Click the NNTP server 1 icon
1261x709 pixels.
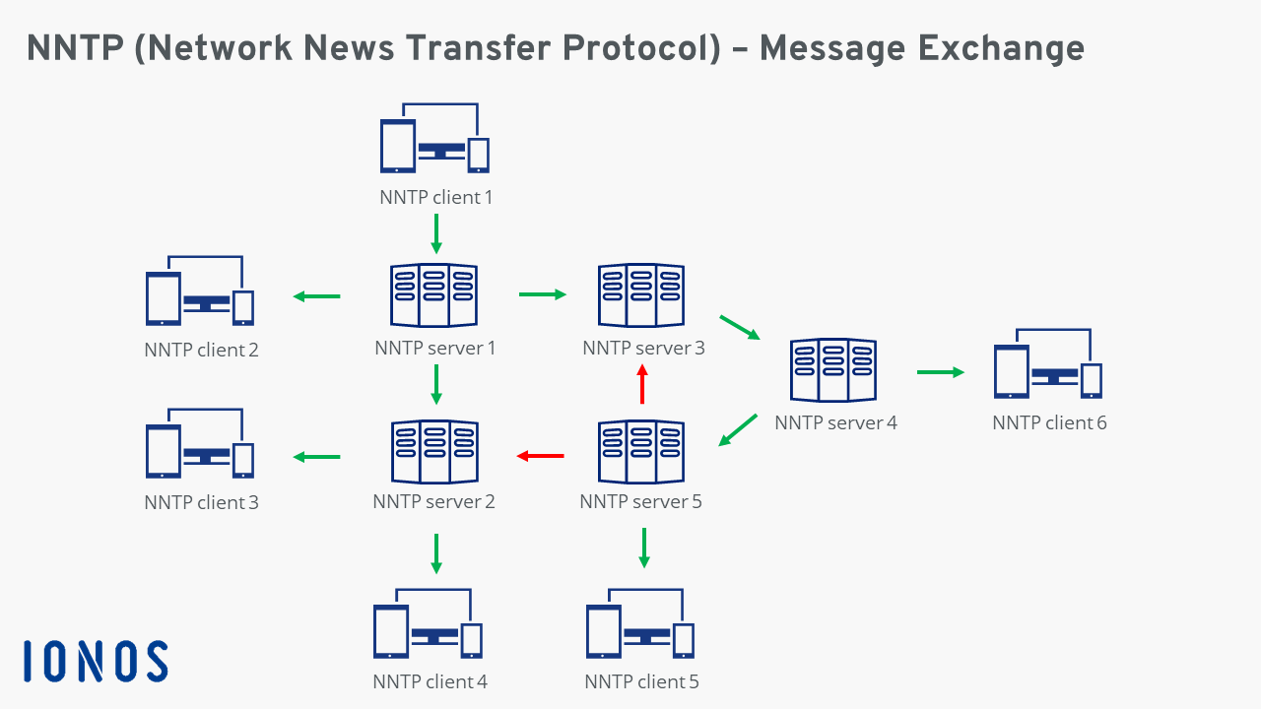(x=434, y=295)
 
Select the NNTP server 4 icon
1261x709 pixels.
(x=833, y=371)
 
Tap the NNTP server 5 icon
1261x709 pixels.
(x=641, y=452)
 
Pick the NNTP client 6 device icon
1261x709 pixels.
(x=1047, y=364)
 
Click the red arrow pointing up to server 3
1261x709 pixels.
(x=642, y=384)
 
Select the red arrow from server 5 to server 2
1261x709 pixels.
(x=541, y=456)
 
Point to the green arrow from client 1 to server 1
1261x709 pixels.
(x=436, y=234)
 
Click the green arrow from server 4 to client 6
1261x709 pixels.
(x=940, y=372)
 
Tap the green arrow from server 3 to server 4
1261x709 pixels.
(x=741, y=327)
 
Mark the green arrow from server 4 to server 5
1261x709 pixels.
(x=738, y=430)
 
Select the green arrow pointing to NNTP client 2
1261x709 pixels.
(x=316, y=296)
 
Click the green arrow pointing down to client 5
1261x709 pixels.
(x=644, y=548)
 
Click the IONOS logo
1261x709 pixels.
(x=96, y=661)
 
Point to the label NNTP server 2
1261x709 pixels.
(x=433, y=502)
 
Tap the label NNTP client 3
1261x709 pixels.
(x=201, y=503)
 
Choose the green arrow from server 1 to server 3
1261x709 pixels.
(x=543, y=293)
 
